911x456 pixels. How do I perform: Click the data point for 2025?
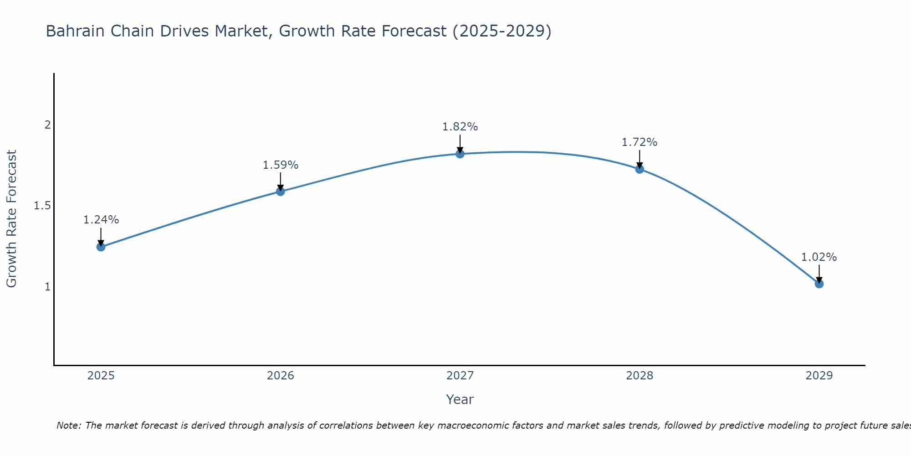point(101,247)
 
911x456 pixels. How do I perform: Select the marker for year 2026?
point(281,192)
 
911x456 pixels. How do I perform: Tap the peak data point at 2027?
point(460,154)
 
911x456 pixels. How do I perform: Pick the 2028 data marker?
point(640,169)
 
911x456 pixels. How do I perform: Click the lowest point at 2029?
point(819,284)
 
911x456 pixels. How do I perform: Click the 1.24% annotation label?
point(101,220)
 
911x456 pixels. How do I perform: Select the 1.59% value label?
point(281,165)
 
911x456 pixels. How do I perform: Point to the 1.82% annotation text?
point(460,127)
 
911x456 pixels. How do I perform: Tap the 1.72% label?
point(640,142)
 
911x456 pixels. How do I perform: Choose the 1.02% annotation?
point(819,257)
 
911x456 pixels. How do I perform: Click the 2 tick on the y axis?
point(47,124)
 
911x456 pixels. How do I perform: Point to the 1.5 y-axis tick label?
point(42,206)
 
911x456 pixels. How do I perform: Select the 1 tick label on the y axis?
point(47,287)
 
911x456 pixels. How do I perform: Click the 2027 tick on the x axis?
point(460,376)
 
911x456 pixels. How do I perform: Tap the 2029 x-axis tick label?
point(819,376)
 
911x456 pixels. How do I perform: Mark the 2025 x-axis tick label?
point(101,376)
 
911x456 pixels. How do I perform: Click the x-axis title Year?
point(460,399)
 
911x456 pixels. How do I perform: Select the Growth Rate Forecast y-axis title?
point(11,219)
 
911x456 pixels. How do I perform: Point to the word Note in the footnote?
point(69,425)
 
